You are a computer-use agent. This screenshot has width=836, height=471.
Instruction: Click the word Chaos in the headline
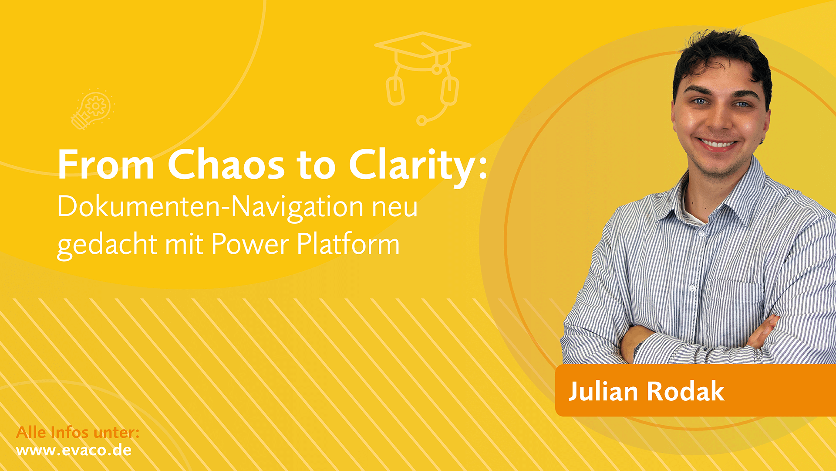coord(226,164)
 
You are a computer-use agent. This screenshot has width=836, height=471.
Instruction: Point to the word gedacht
coord(107,245)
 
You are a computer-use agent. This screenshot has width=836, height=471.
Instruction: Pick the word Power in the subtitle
coord(249,244)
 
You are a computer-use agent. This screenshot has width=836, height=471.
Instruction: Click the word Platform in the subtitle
coord(348,244)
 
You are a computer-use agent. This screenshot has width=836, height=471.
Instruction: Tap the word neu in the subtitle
coord(394,208)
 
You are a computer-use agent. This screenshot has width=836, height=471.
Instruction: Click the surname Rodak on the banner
coord(685,391)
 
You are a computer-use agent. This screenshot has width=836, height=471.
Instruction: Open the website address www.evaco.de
coord(74,450)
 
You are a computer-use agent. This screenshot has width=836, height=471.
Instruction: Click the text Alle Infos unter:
coord(78,432)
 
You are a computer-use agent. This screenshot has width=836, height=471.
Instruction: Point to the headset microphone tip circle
coord(421,120)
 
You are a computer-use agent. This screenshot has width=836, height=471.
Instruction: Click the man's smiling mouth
coord(716,144)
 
